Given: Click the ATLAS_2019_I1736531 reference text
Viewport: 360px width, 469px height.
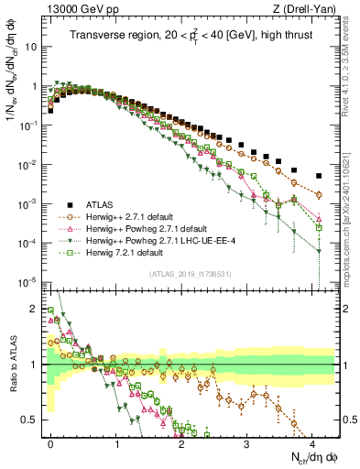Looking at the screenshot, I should [188, 274].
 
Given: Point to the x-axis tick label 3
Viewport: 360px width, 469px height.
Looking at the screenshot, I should [246, 442].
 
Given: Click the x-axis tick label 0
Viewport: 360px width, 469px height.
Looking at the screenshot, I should [51, 442].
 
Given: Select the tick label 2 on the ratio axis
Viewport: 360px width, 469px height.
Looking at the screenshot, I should [34, 308].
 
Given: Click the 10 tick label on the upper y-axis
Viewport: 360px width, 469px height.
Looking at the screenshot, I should [32, 46].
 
